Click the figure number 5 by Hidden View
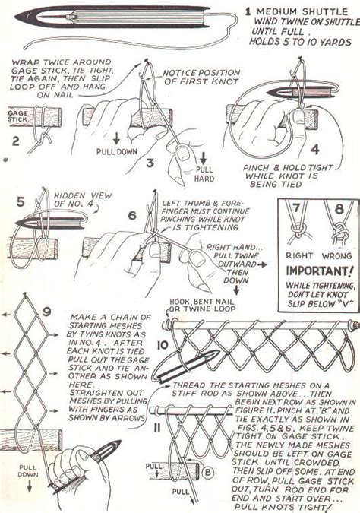(20, 203)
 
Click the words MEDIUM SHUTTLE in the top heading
(301, 11)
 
